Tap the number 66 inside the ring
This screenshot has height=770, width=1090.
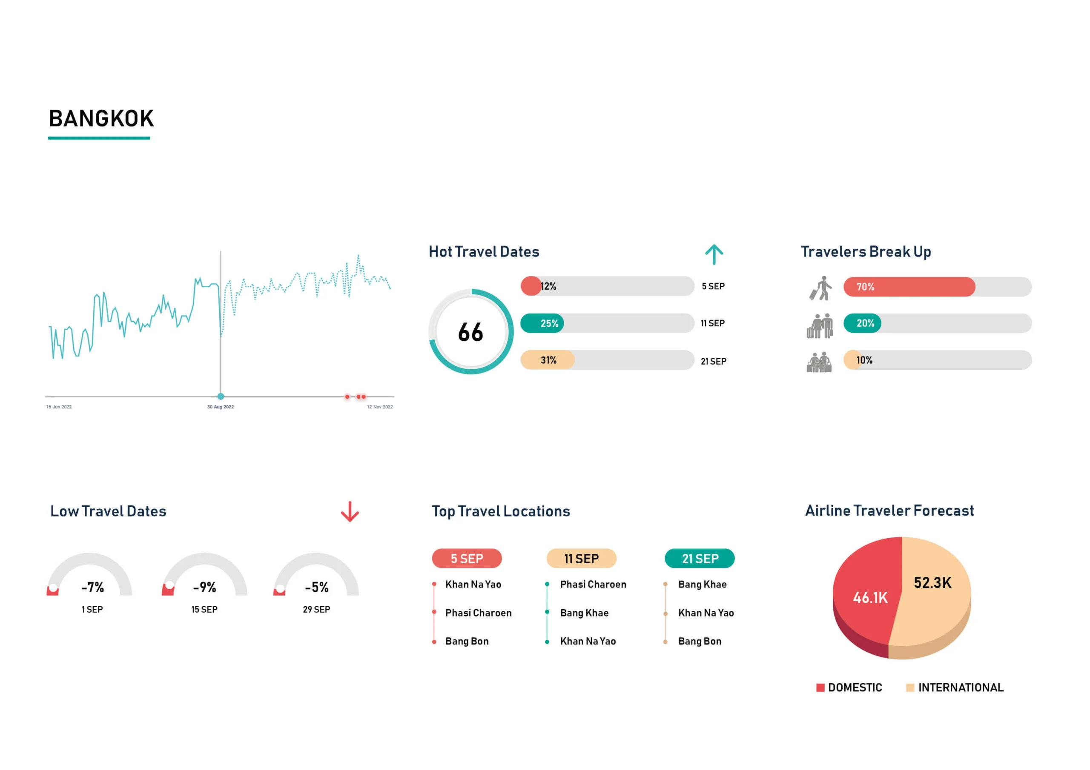(470, 332)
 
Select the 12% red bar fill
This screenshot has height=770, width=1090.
(531, 286)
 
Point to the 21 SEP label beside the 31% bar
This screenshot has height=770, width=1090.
(713, 362)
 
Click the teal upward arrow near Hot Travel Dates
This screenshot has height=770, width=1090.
(714, 255)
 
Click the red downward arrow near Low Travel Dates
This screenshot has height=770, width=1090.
(350, 511)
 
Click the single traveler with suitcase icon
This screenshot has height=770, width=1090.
(821, 288)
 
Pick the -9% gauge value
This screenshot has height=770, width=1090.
(205, 587)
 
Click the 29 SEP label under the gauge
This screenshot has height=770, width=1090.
(316, 610)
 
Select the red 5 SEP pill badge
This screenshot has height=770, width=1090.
(467, 559)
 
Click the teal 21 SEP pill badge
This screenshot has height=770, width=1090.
(700, 559)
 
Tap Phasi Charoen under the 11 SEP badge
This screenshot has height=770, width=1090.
(593, 585)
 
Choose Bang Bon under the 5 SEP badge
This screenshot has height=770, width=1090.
(467, 642)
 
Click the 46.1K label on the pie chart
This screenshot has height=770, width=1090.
(870, 598)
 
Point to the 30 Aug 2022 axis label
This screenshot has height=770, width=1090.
(220, 407)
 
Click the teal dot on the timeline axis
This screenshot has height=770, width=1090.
(221, 396)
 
